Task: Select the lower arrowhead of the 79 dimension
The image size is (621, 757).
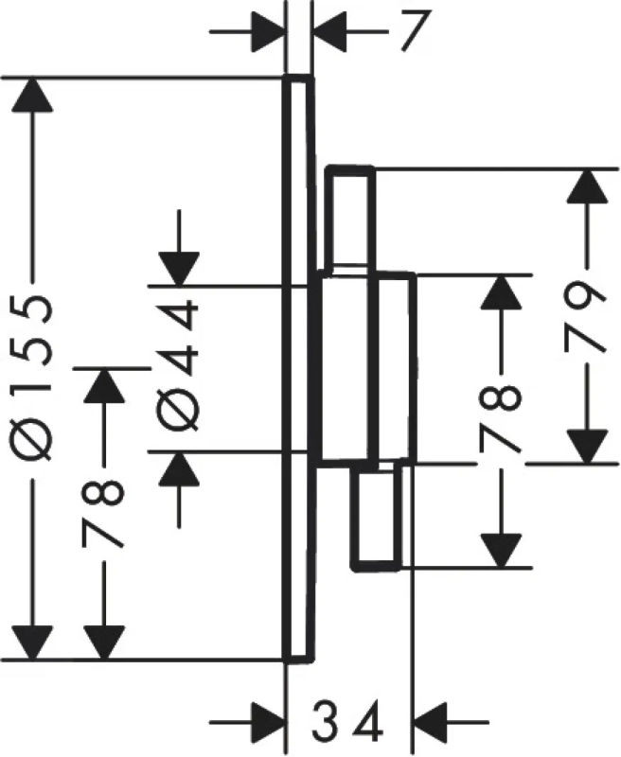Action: click(x=588, y=445)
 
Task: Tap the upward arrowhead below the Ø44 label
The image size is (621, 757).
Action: click(x=179, y=470)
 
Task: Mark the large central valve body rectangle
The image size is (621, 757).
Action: click(x=364, y=368)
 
